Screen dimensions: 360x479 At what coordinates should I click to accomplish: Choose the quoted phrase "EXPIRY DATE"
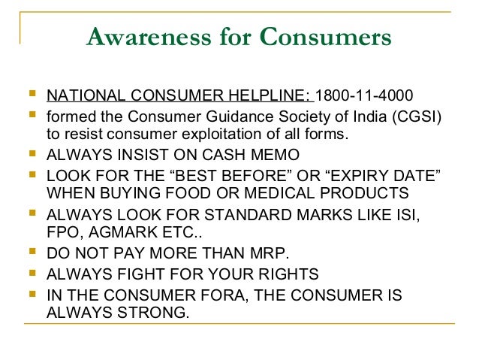379,175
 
